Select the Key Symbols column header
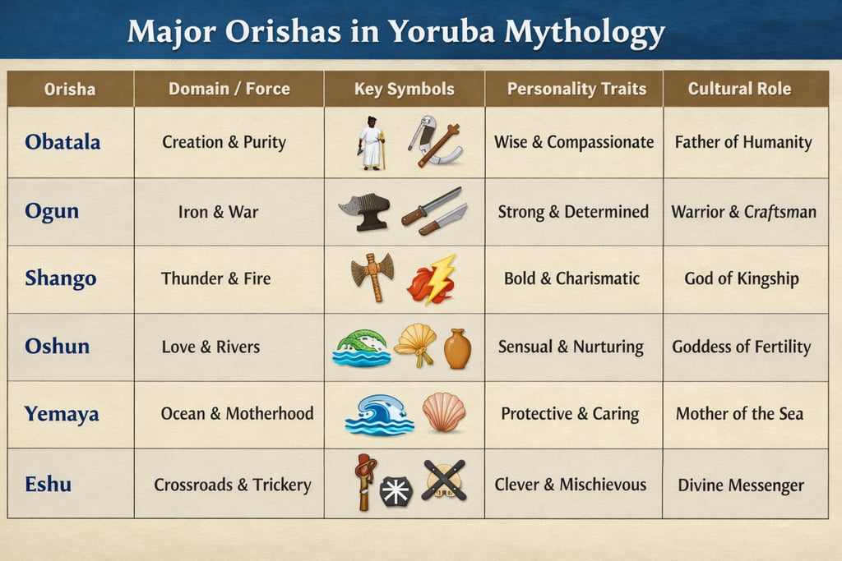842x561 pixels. (404, 89)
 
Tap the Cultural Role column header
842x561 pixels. (739, 89)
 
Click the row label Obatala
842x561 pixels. (62, 142)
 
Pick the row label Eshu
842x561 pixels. (48, 484)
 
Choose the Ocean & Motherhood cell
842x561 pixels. (237, 413)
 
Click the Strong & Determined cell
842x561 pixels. (573, 211)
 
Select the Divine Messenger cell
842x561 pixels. (741, 485)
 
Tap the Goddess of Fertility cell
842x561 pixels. (741, 346)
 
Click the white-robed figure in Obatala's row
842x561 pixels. (372, 142)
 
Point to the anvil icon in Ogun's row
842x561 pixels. (364, 211)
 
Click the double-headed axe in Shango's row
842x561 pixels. (372, 277)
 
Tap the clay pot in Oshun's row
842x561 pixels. (457, 348)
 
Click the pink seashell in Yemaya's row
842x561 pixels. (443, 412)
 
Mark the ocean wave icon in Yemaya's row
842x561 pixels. (378, 413)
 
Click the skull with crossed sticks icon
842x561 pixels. (444, 481)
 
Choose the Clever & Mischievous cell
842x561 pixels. (570, 485)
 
